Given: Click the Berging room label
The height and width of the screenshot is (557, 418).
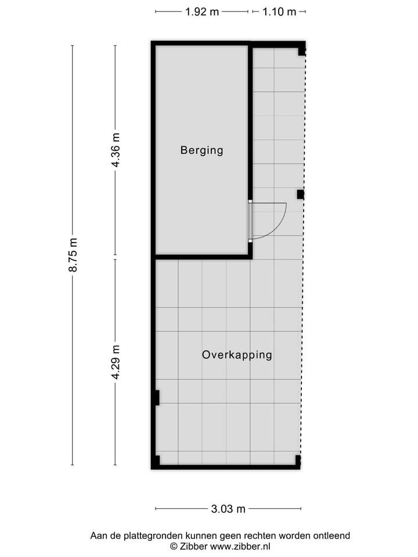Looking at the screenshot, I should pos(201,150).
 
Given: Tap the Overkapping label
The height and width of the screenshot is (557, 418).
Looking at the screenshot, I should pos(237,355).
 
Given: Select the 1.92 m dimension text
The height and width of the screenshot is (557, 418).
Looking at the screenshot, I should pos(202,12).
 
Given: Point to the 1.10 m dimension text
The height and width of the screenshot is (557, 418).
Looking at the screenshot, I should pos(279,12).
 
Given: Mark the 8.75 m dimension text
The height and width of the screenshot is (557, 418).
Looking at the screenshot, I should pos(73,255).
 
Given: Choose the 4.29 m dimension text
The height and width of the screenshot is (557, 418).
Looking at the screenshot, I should pos(116,362).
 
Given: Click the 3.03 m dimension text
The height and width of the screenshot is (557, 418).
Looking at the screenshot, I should pos(228,509).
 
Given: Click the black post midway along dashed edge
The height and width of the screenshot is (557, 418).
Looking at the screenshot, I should pos(300,194).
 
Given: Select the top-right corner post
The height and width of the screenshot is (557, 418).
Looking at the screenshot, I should pos(301,51).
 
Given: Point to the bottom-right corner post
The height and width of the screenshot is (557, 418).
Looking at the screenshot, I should pos(298,461).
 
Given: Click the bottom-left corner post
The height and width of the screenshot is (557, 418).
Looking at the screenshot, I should pos(156,462).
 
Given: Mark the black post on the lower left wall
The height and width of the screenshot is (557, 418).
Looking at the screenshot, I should pos(157,397).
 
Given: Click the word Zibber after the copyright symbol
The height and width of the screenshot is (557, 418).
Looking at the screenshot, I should pos(194,546).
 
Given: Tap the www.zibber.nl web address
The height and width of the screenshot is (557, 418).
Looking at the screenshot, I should pos(240,546).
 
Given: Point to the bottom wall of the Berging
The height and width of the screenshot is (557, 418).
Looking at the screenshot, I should pos(202,256).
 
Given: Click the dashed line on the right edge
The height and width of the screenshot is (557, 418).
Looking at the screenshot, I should pos(302,325).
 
